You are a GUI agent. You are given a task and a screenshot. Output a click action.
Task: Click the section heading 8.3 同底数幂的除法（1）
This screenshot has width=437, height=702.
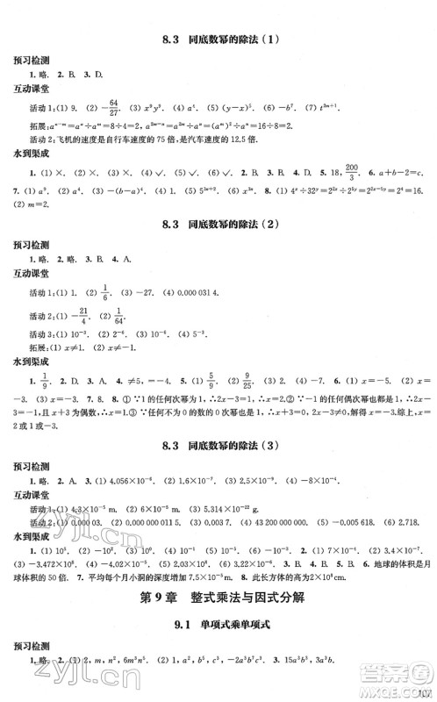pyautogui.click(x=219, y=39)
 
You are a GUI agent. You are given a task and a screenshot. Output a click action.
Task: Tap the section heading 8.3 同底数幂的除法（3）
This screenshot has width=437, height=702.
pyautogui.click(x=219, y=453)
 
